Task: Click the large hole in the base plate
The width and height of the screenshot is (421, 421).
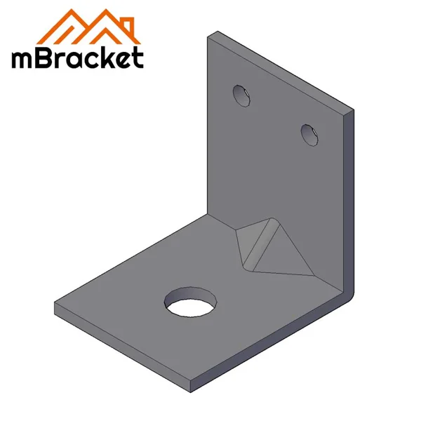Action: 190,303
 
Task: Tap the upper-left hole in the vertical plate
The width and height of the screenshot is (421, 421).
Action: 242,95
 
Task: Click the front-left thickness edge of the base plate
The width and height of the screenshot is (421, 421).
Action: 119,351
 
